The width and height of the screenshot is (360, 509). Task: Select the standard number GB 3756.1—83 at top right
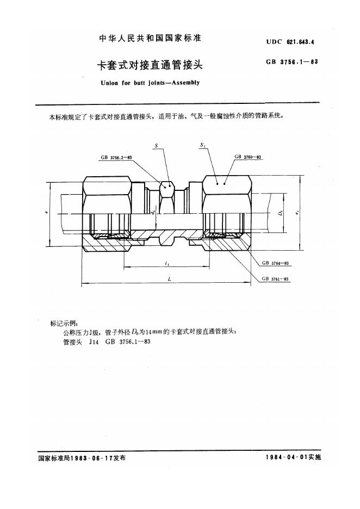pos(292,61)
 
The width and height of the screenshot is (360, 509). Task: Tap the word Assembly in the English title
pos(185,83)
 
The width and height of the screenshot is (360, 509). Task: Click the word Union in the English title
pos(109,83)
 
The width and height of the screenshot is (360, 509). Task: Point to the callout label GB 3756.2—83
pos(116,158)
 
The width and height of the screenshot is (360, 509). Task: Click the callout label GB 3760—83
pos(247,157)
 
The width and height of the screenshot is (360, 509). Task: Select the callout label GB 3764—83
pos(275,263)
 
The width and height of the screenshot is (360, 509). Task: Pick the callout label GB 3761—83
pos(275,279)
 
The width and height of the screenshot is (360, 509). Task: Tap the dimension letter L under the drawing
pos(170,279)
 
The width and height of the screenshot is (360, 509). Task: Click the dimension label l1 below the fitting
pos(167,264)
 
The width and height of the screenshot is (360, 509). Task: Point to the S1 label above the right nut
pos(203,145)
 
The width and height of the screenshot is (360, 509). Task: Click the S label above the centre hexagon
pos(156,146)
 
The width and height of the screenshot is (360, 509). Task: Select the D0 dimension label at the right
pos(281,213)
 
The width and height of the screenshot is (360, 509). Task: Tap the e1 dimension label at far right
pos(297,213)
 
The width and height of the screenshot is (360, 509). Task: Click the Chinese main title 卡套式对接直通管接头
pos(150,65)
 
